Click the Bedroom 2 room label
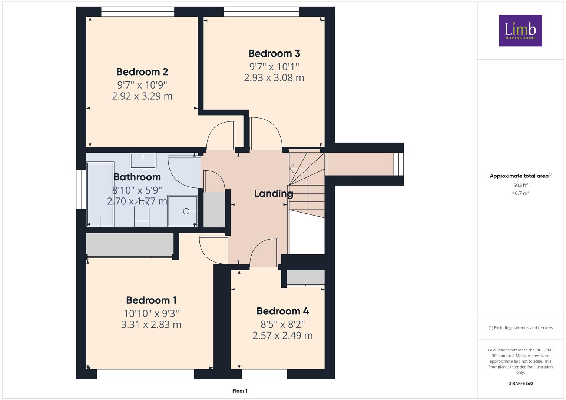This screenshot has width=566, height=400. [x=142, y=72]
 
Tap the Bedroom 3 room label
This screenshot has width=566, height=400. [x=274, y=54]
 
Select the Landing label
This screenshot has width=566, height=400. [x=274, y=194]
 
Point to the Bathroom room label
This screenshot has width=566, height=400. [x=137, y=177]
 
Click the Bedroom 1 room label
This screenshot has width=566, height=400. [x=151, y=300]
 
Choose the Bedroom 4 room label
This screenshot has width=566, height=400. [x=282, y=311]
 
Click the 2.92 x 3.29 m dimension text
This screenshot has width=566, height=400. [x=142, y=96]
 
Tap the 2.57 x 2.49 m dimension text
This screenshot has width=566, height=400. [x=282, y=336]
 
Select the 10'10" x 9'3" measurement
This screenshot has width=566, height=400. [x=151, y=314]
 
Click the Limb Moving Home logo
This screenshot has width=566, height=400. [x=520, y=30]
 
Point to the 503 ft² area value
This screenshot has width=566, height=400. [x=520, y=185]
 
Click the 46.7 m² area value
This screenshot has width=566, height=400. [x=520, y=193]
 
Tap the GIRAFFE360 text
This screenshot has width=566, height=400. [x=520, y=383]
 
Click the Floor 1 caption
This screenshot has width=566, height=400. [x=240, y=391]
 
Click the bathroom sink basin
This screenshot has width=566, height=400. [x=143, y=161]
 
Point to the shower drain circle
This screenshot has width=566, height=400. [x=186, y=211]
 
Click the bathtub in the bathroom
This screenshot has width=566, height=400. [x=100, y=194]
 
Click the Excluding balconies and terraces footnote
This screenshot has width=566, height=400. [x=520, y=328]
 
